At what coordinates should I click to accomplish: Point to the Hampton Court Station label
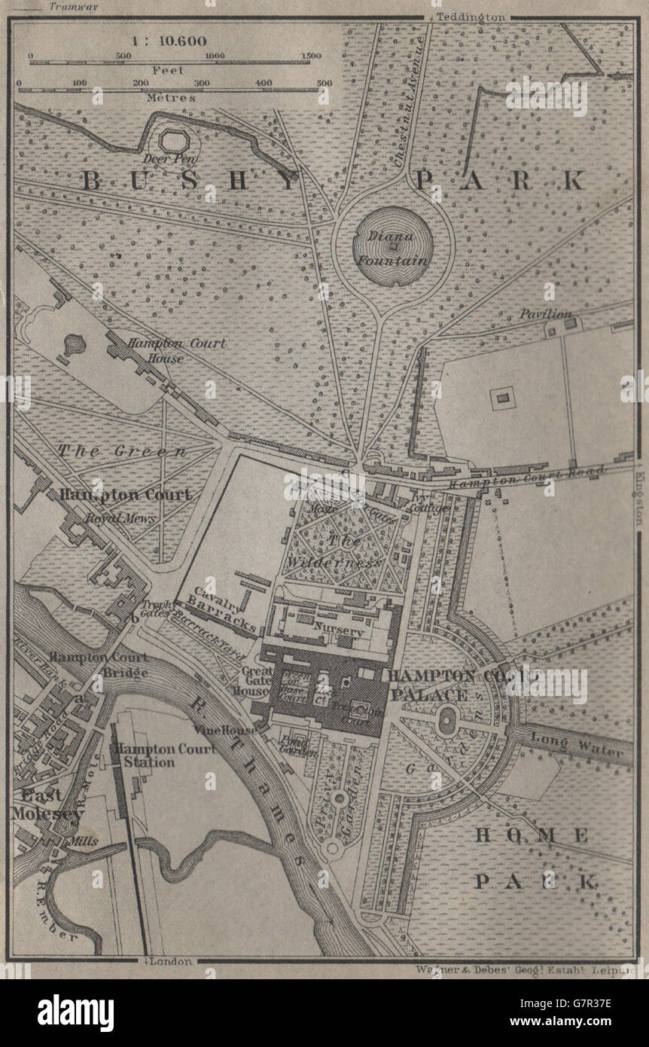144,755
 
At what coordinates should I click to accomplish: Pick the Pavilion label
546,313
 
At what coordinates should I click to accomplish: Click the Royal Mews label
109,518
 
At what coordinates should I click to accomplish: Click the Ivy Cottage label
430,503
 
